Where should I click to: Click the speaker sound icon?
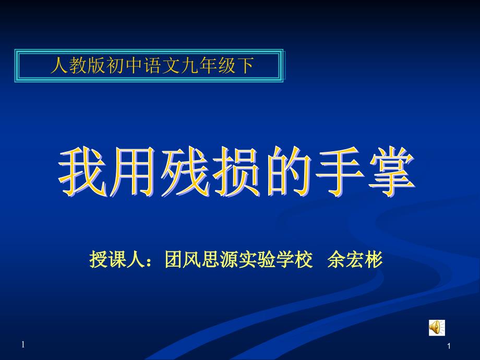(437, 328)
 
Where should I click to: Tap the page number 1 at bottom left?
(23, 345)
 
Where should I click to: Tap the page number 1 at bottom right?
(449, 346)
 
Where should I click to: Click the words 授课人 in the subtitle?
(117, 260)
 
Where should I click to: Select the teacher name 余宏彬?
(355, 260)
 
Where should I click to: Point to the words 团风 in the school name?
(183, 260)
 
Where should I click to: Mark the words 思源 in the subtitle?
(220, 260)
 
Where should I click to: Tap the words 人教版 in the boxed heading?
(78, 66)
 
